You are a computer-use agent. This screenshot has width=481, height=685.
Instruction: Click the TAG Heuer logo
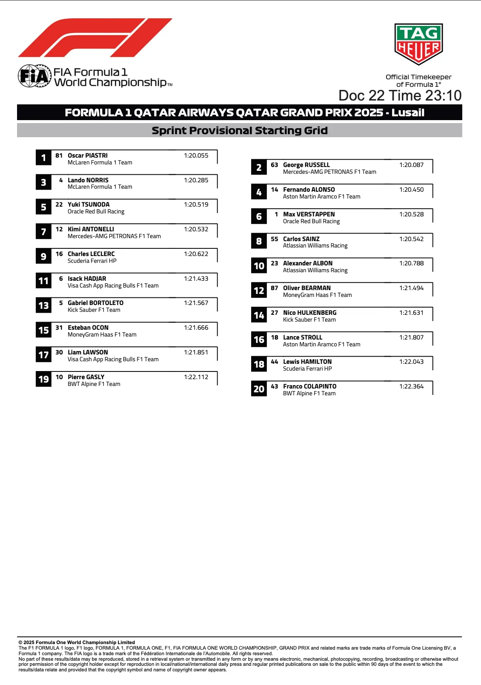[x=419, y=44]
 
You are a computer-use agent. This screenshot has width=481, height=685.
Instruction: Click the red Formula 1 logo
[x=94, y=38]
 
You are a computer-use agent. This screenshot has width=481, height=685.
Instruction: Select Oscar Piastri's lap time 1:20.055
[x=196, y=155]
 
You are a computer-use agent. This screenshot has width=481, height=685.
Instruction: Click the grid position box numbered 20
[x=259, y=389]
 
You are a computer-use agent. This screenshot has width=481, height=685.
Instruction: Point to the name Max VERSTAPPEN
[x=309, y=214]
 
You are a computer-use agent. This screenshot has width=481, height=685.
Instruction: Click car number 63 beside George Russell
[x=274, y=165]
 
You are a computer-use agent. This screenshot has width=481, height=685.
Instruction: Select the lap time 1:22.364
[x=411, y=386]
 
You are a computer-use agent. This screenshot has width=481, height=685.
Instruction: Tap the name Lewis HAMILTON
[x=307, y=362]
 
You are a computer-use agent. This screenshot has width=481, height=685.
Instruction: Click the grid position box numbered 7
[x=43, y=232]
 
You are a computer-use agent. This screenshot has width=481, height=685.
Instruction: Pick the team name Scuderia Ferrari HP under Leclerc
[x=92, y=261]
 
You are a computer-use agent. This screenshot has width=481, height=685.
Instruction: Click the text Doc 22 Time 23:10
[x=400, y=95]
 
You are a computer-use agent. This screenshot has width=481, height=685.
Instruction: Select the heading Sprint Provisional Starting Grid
[x=240, y=130]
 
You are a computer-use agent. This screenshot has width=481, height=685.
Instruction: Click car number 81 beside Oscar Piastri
[x=59, y=155]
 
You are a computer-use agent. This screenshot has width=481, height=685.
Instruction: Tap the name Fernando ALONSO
[x=309, y=190]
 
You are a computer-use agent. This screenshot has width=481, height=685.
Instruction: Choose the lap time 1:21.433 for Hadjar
[x=196, y=279]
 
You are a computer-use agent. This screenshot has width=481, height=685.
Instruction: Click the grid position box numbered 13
[x=43, y=305]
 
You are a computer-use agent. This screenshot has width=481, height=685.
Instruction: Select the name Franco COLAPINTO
[x=309, y=386]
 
